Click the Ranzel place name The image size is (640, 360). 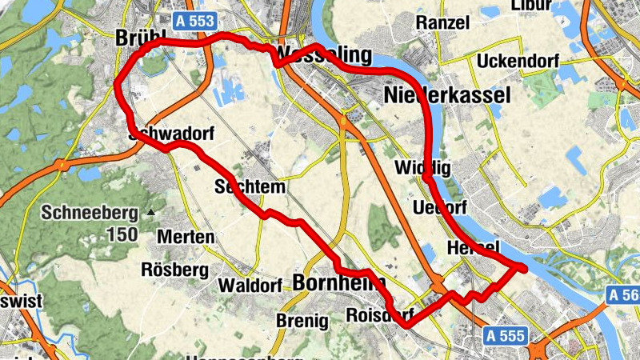click(x=442, y=22)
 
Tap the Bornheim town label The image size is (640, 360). click(x=338, y=282)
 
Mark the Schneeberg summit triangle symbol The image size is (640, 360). click(x=151, y=213)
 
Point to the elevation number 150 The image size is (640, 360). click(x=122, y=235)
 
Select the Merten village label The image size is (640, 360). click(x=186, y=237)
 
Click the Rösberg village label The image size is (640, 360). click(x=174, y=269)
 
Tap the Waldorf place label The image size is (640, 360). click(x=250, y=286)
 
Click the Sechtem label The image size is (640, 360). click(x=250, y=187)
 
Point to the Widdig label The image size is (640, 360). click(x=423, y=168)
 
